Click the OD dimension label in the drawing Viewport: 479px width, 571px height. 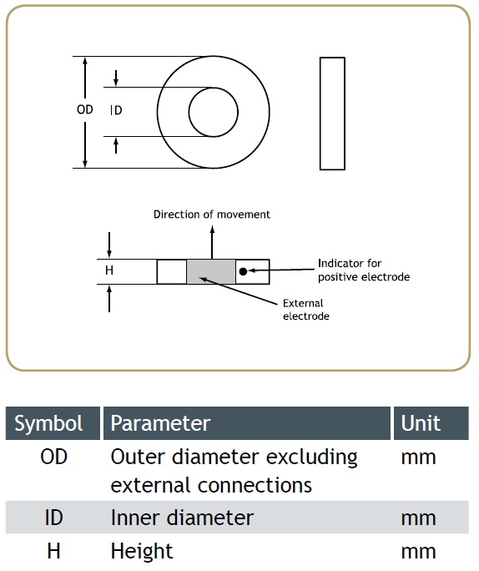(x=85, y=109)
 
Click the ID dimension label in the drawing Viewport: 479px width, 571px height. (x=116, y=110)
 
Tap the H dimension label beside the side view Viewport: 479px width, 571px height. (x=109, y=270)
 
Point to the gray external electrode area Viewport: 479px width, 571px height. (x=211, y=271)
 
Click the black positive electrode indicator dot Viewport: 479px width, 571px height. (x=244, y=271)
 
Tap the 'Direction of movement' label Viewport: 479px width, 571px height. (x=212, y=215)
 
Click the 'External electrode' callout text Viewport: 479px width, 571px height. (x=306, y=310)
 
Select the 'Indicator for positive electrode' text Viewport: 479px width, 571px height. (x=364, y=270)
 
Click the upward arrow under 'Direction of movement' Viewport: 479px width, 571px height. (x=212, y=243)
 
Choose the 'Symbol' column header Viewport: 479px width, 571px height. (x=48, y=423)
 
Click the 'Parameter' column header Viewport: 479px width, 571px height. (x=160, y=423)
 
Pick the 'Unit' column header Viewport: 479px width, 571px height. (x=421, y=423)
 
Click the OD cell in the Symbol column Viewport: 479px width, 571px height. (x=54, y=457)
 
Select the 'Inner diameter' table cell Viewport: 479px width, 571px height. (x=182, y=518)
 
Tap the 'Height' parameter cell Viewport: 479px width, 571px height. (x=142, y=551)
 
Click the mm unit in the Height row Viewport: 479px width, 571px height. (x=419, y=552)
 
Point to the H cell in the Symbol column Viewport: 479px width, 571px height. (x=54, y=551)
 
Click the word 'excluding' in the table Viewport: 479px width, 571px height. (x=312, y=457)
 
